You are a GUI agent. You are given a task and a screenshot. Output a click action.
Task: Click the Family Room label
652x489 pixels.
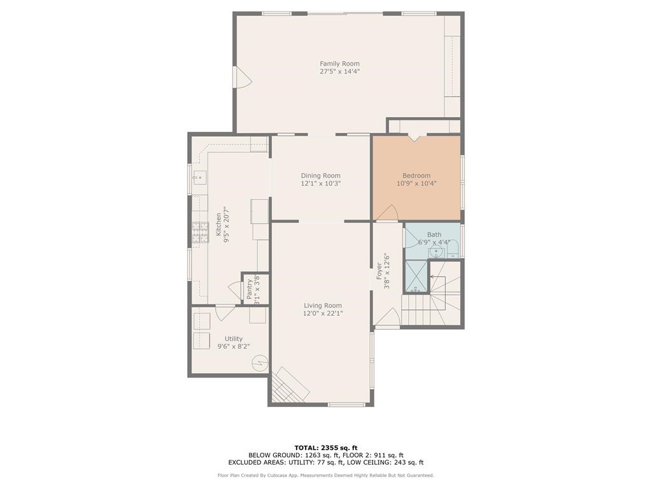coord(339,64)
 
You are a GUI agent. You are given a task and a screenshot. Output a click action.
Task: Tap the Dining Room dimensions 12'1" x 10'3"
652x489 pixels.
coord(321,183)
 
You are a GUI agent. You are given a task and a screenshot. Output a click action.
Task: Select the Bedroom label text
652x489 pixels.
coord(416,176)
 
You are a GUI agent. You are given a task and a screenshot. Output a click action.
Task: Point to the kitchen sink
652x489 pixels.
coord(198,176)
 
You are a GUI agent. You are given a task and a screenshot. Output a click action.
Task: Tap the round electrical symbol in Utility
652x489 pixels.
coord(259,363)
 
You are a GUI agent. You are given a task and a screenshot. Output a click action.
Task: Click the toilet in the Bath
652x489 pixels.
coord(452,251)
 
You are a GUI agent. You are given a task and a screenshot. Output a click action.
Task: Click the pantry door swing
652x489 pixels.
coord(235,287)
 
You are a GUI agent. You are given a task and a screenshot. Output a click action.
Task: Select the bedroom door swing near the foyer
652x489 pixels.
coord(388,214)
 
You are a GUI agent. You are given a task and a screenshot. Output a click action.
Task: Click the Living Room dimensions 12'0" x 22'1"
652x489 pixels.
coord(323,313)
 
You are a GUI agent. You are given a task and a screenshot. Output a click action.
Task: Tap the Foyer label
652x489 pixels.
coord(379,271)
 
